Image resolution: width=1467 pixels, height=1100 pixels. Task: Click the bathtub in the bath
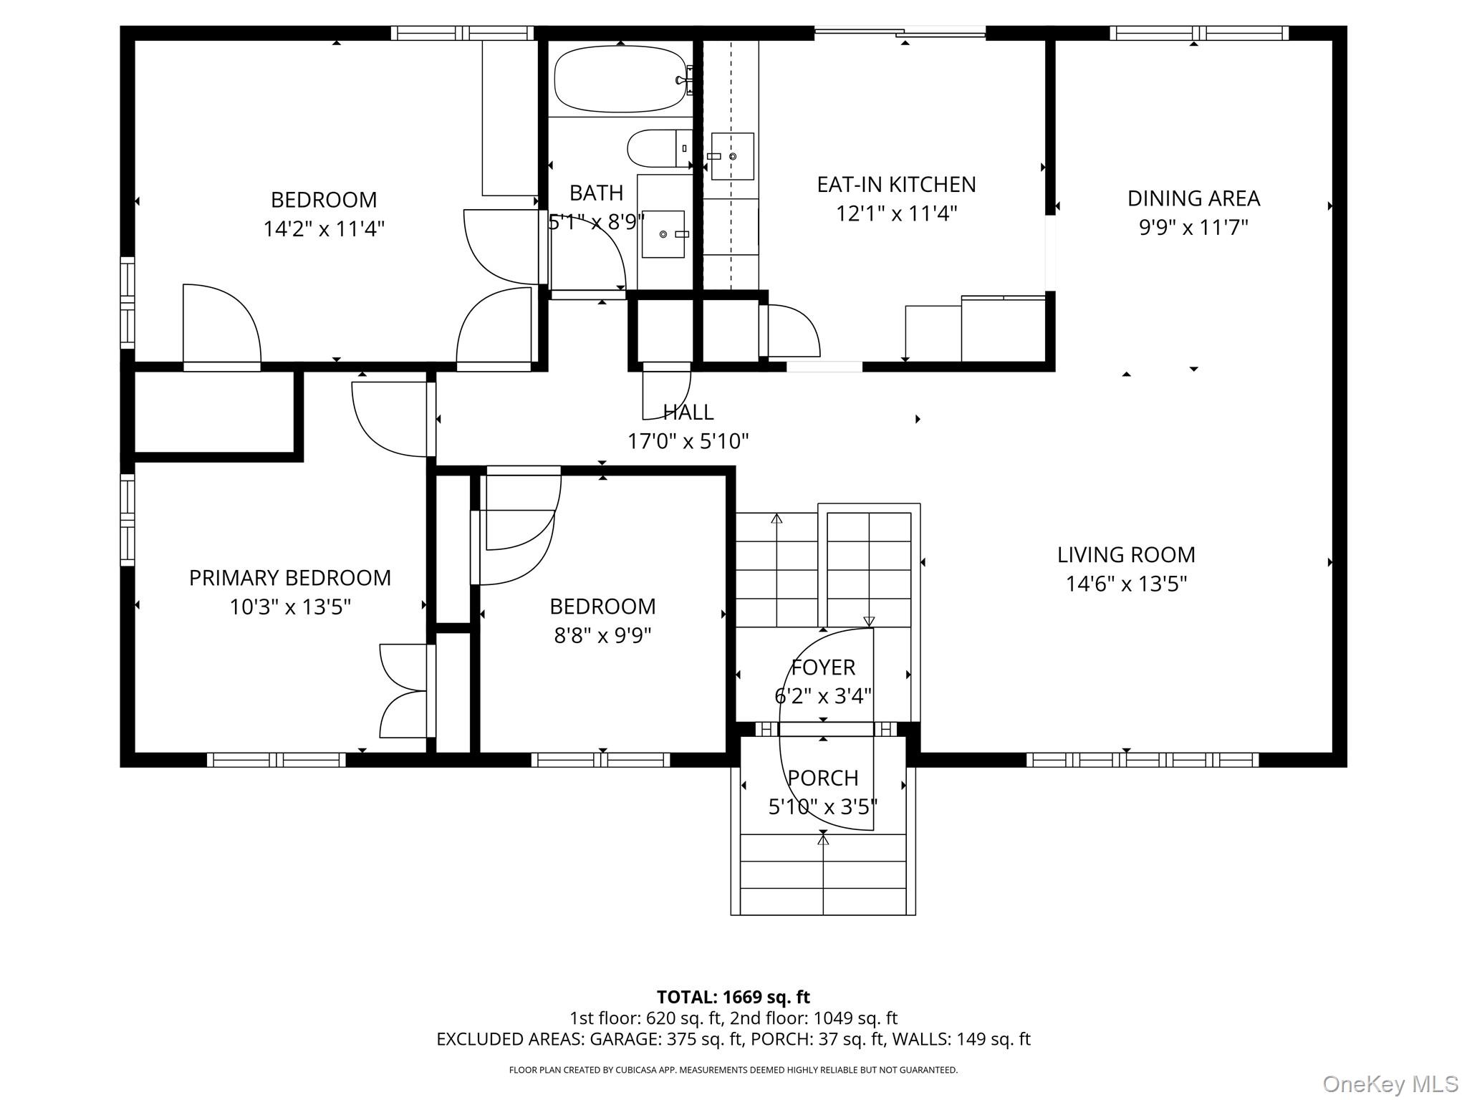[x=620, y=79]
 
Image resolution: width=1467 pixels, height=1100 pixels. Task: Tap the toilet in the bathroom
[x=659, y=148]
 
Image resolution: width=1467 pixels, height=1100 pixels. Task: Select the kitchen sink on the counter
[x=732, y=156]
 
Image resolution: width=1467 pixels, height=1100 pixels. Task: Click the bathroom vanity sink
[x=663, y=234]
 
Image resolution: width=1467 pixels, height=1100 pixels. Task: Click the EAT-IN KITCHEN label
[x=896, y=185]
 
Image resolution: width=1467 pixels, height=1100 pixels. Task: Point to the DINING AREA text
[x=1193, y=198]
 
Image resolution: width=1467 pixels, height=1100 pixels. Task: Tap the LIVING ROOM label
[x=1126, y=555]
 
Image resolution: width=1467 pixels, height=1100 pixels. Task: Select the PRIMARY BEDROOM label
[x=289, y=578]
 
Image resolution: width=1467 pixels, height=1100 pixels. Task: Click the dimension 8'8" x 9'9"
[x=602, y=636]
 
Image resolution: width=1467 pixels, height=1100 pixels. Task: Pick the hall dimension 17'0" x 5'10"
[x=688, y=441]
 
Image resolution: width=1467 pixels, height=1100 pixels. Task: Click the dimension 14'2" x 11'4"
[x=324, y=229]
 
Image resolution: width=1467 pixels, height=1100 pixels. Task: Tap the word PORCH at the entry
[x=822, y=778]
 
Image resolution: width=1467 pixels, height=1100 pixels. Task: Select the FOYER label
[x=823, y=667]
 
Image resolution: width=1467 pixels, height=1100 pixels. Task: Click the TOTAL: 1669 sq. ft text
[x=733, y=997]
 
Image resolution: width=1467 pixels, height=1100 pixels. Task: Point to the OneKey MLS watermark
[x=1390, y=1084]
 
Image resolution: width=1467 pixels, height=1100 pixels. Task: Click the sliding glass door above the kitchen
[x=900, y=32]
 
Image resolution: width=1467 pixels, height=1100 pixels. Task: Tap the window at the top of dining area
[x=1198, y=33]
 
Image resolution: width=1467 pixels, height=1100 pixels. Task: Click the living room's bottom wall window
[x=1142, y=760]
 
